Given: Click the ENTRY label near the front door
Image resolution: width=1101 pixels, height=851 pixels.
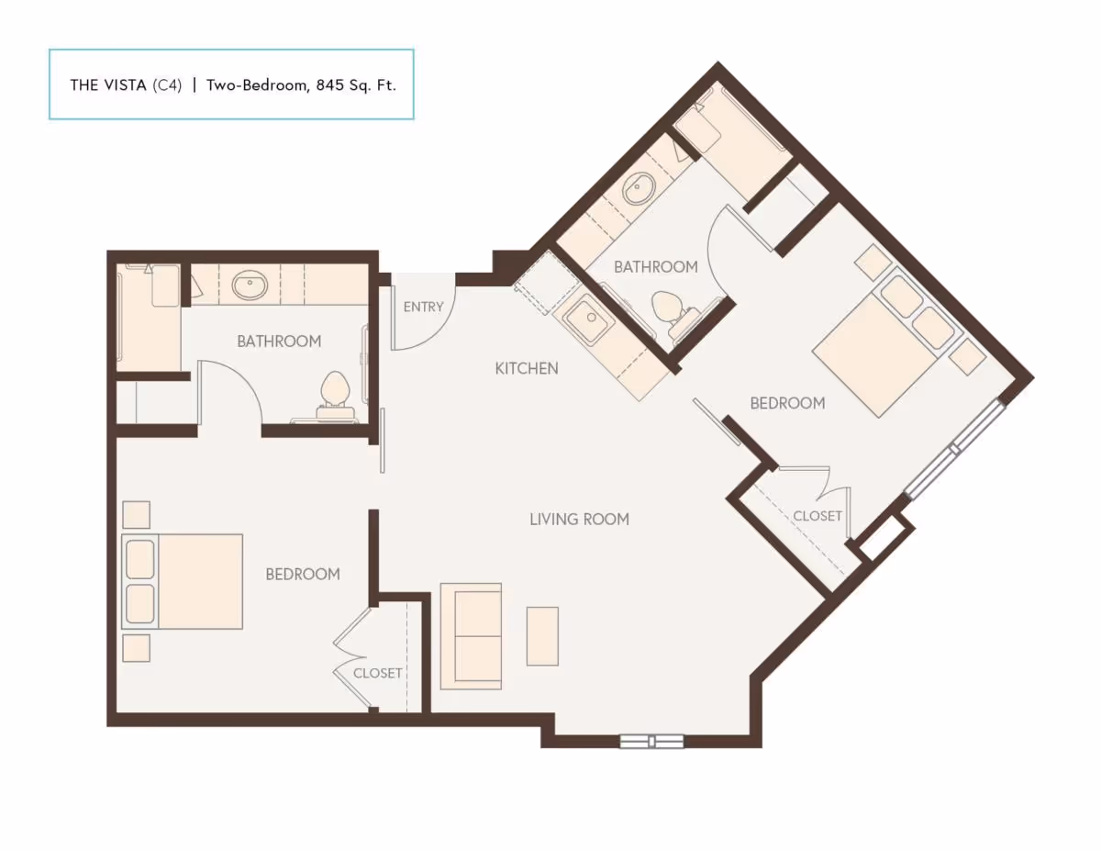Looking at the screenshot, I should click(423, 307).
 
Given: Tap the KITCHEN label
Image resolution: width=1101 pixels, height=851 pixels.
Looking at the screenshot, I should click(527, 368).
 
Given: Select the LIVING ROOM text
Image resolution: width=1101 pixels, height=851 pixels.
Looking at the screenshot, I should click(579, 519).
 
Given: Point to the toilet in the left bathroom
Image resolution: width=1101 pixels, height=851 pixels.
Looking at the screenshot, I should click(335, 393).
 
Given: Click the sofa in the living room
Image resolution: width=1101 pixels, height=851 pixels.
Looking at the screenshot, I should click(471, 635).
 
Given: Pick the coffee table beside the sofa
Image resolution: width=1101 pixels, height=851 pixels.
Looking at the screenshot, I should click(542, 635).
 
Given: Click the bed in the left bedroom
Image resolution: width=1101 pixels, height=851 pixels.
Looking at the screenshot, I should click(183, 581).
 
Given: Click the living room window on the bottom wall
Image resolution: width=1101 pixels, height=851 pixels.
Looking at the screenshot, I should click(651, 741).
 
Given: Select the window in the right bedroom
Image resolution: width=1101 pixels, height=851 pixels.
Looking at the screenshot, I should click(954, 449).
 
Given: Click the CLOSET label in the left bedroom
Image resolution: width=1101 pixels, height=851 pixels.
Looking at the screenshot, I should click(378, 673).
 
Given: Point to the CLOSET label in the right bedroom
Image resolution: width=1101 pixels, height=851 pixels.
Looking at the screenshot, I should click(817, 516).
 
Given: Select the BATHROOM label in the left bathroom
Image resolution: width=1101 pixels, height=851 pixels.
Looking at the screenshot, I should click(279, 341).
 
